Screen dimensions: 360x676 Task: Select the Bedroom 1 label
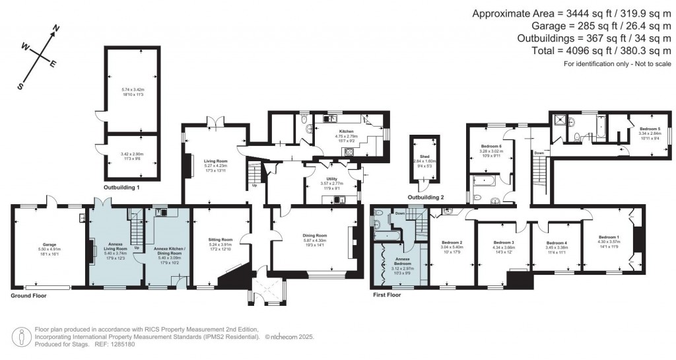click(x=608, y=236)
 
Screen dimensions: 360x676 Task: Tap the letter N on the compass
click(x=57, y=29)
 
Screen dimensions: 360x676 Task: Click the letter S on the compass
click(x=20, y=87)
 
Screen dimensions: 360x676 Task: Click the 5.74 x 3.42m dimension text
click(x=132, y=89)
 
